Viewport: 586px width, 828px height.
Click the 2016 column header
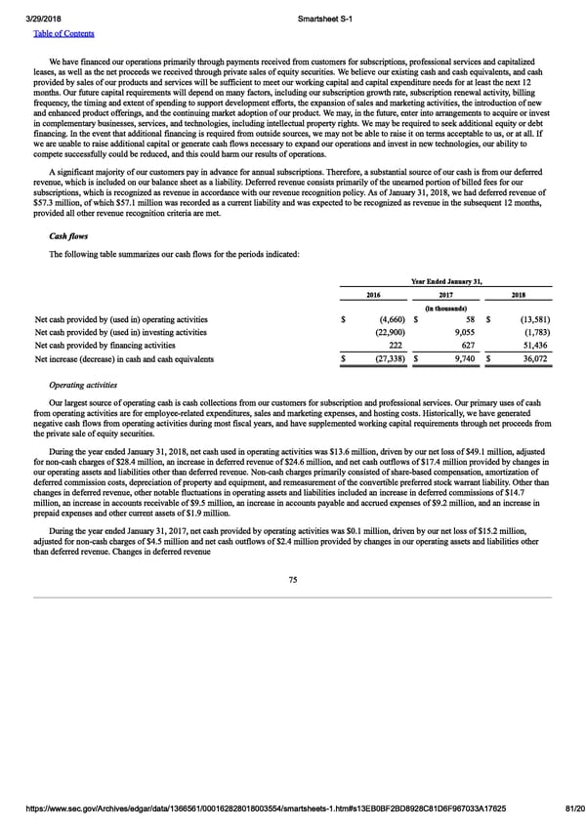(373, 294)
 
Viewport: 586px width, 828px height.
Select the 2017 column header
(446, 294)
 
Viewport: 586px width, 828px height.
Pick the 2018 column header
(518, 294)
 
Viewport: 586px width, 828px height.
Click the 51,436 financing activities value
(535, 346)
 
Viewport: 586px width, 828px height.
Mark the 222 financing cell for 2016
(397, 346)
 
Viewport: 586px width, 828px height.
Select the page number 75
(292, 580)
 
